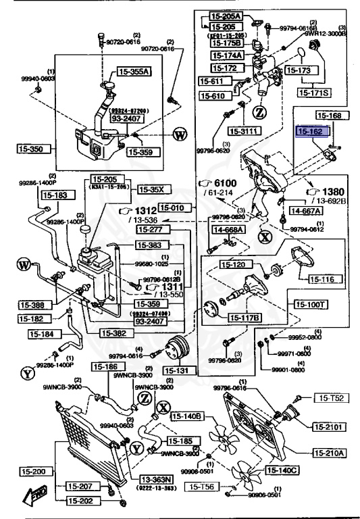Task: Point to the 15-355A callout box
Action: (x=134, y=70)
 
